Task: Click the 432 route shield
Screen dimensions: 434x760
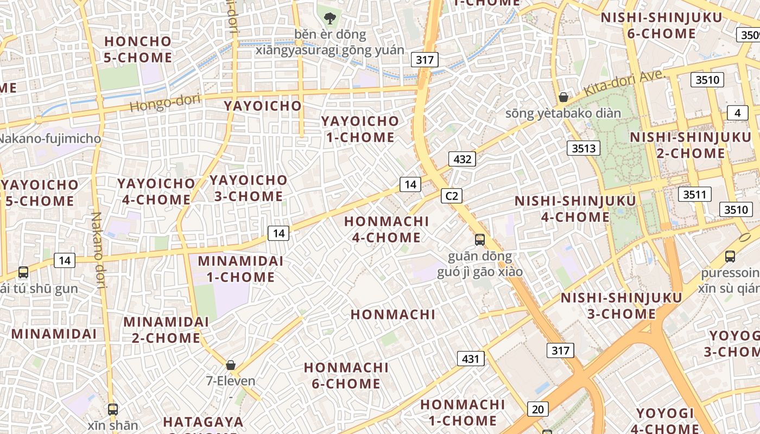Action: click(462, 159)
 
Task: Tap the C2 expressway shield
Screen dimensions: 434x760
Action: click(451, 196)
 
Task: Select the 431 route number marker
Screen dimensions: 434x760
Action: click(471, 358)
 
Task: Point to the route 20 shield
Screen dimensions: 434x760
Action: click(537, 409)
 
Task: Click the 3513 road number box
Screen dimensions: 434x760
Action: click(584, 148)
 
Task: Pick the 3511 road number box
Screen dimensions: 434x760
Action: click(695, 194)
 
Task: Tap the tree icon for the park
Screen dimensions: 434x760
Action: click(330, 18)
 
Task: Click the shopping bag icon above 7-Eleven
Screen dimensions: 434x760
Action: click(231, 365)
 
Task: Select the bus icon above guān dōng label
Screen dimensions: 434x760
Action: click(480, 239)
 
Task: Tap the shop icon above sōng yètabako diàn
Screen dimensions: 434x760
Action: click(563, 98)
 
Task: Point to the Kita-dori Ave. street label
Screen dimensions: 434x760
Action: click(624, 84)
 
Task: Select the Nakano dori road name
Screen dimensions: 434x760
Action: click(99, 250)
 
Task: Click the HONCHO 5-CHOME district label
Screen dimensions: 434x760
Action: click(138, 49)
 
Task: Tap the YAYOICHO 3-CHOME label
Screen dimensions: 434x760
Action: click(249, 188)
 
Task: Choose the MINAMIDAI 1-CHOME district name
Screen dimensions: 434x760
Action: click(240, 269)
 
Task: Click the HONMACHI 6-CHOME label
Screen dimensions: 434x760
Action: click(346, 375)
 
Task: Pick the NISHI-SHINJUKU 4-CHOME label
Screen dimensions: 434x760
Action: click(575, 209)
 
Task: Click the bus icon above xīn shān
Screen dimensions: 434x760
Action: click(113, 409)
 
